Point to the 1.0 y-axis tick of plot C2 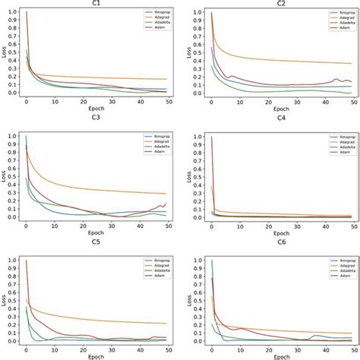(x=196, y=13)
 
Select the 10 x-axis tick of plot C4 (x=234, y=226)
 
